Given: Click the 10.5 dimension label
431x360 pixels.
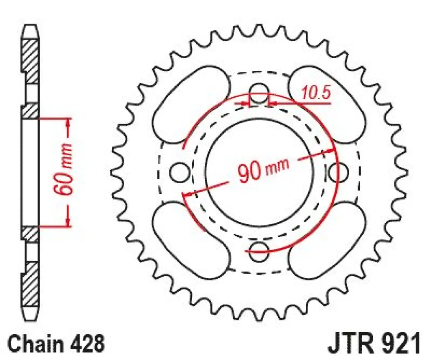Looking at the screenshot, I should [316, 93].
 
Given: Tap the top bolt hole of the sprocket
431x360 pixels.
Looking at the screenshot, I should [259, 91].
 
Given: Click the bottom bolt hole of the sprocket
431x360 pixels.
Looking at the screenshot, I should [259, 251].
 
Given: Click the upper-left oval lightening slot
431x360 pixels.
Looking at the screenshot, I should [191, 103].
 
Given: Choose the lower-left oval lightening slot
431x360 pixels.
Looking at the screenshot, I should [191, 240].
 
